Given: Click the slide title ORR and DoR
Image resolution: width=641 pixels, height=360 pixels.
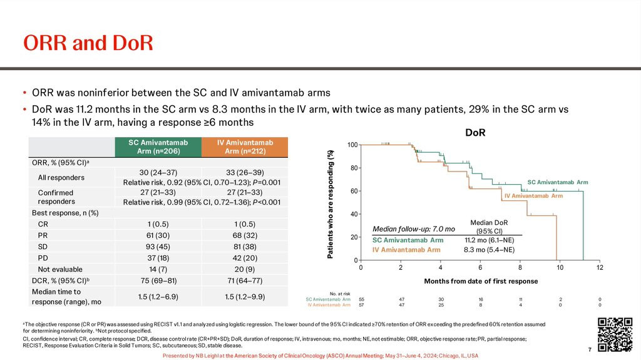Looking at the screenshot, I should click(x=88, y=43).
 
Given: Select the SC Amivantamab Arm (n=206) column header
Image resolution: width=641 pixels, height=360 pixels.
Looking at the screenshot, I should click(x=158, y=148).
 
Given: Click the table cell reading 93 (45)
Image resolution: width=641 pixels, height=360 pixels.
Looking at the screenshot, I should click(x=158, y=247).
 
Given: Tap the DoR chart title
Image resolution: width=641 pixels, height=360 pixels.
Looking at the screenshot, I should click(x=474, y=133).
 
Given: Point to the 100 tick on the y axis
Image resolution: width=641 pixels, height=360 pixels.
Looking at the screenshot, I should click(x=352, y=145).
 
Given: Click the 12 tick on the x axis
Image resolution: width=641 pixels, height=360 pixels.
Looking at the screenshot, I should click(x=600, y=268).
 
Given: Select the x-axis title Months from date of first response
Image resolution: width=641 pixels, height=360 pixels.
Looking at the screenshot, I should click(x=480, y=281).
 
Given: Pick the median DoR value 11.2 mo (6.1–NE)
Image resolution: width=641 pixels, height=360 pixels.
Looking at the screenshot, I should click(x=489, y=240).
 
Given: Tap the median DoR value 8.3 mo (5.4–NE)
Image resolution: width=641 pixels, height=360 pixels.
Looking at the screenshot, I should click(x=489, y=250).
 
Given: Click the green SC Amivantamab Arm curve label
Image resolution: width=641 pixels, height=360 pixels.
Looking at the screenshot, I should click(x=557, y=182).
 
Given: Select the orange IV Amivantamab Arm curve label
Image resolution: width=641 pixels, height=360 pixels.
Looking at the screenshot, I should click(x=533, y=196).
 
